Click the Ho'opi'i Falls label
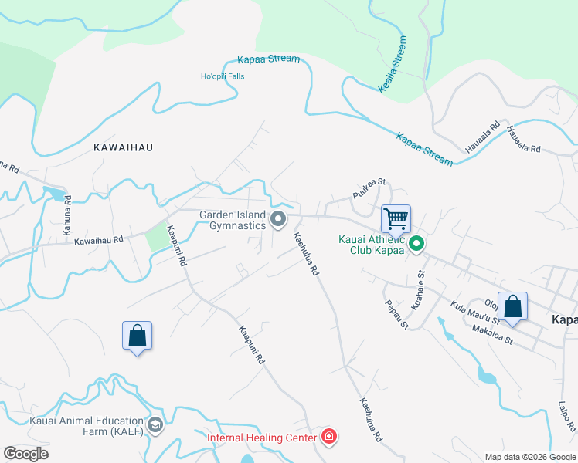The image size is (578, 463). [223, 76]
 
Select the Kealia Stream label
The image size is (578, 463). [393, 64]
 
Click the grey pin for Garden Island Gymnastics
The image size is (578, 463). [278, 221]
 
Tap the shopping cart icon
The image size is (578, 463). [396, 218]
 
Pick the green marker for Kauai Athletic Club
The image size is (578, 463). [416, 245]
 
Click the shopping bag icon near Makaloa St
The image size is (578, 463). [512, 306]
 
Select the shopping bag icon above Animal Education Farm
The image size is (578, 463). [137, 336]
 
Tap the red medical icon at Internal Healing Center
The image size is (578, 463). [330, 438]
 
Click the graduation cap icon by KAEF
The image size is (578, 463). [155, 425]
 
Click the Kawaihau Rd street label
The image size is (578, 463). [99, 241]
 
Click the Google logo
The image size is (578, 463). [25, 454]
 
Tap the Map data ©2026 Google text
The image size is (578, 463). [529, 457]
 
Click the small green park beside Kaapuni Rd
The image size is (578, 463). [157, 236]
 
